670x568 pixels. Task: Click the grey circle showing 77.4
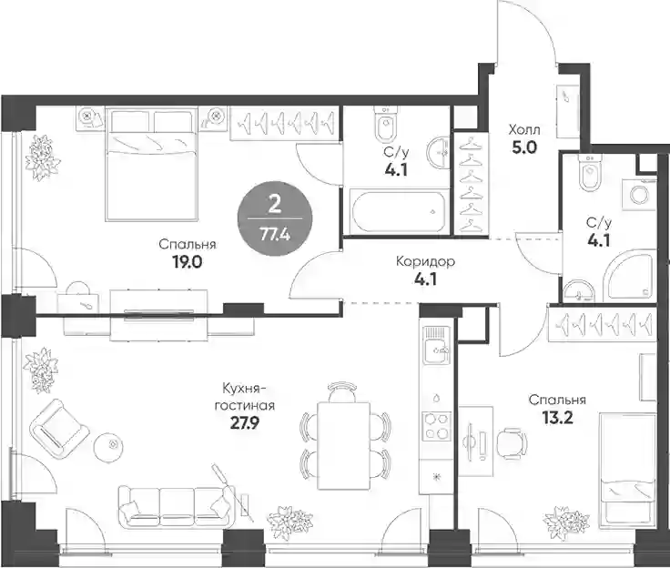point(275,218)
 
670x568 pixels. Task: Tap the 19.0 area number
point(188,262)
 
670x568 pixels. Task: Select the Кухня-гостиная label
point(244,397)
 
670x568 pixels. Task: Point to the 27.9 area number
point(244,423)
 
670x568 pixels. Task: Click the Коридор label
point(425,261)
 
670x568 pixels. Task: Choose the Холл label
point(523,129)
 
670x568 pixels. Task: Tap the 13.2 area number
point(557,418)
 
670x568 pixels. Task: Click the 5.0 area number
point(523,147)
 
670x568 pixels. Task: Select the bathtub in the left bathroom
point(398,212)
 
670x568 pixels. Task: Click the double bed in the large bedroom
point(152,165)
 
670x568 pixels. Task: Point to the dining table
point(343,445)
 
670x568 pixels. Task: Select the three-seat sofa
point(176,507)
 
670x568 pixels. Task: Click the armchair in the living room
point(60,429)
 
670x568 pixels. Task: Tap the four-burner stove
point(436,426)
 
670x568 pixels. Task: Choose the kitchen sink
point(437,345)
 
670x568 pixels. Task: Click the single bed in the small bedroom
point(628,468)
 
